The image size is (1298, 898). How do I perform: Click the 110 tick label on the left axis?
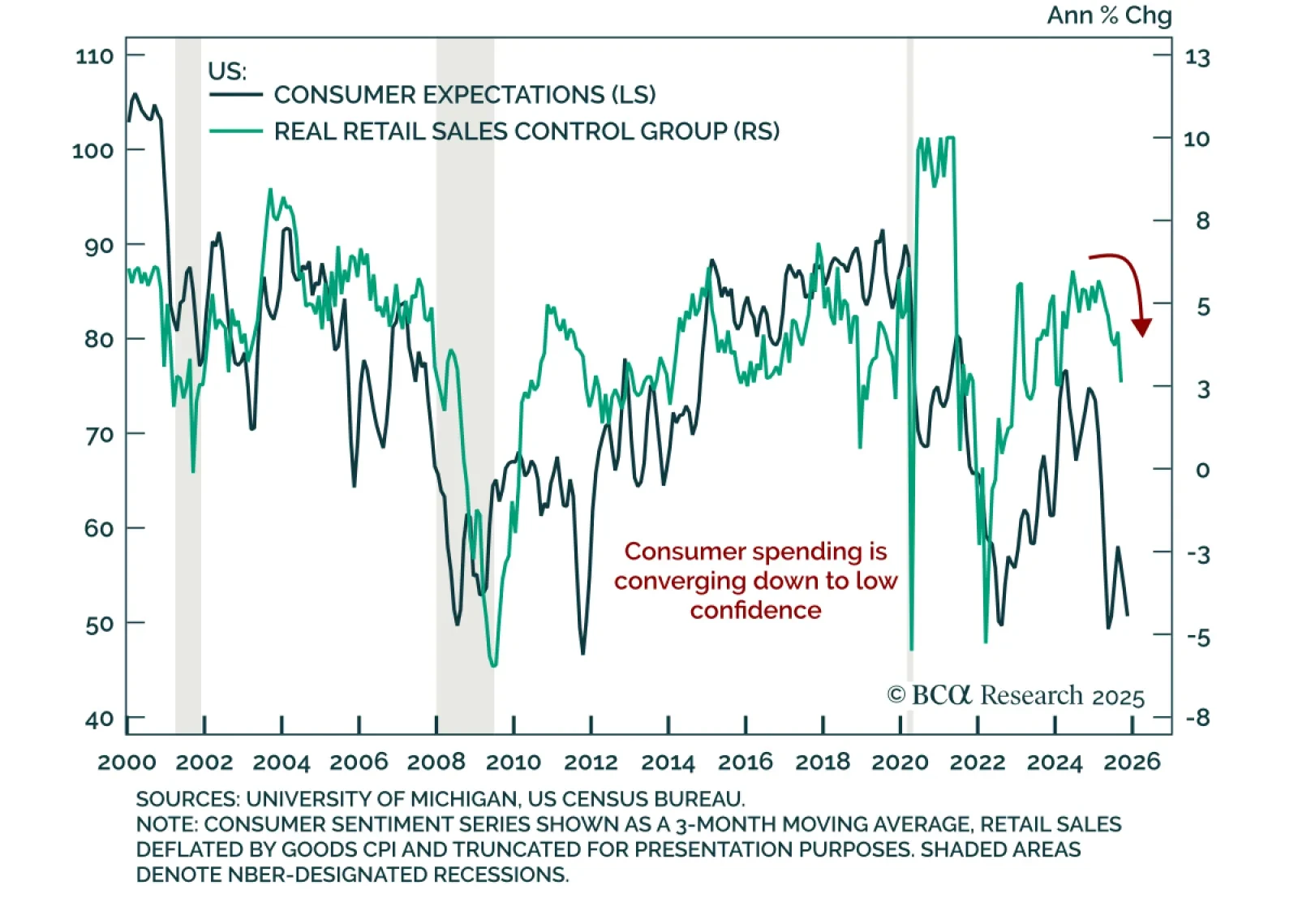point(94,57)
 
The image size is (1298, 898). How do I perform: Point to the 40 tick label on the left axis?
point(99,720)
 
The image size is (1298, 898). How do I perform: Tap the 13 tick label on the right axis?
point(1197,58)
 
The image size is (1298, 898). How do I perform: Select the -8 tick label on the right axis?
point(1197,718)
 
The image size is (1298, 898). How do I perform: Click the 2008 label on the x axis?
point(436,763)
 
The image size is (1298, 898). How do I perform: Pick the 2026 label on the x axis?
point(1133,762)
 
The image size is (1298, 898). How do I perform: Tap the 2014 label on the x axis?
point(668,763)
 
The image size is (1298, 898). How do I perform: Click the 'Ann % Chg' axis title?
point(1109,15)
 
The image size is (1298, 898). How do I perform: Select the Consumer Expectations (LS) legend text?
point(464,95)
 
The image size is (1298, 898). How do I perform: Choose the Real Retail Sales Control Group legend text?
point(527,131)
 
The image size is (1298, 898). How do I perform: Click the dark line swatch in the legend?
point(236,95)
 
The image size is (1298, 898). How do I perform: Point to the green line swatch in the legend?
point(236,131)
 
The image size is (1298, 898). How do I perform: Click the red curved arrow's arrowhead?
point(1142,327)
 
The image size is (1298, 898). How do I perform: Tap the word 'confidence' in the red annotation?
point(755,610)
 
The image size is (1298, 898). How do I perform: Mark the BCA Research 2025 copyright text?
point(1016,696)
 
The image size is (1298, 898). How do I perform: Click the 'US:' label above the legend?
point(227,71)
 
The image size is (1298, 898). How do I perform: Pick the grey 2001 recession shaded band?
point(188,487)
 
